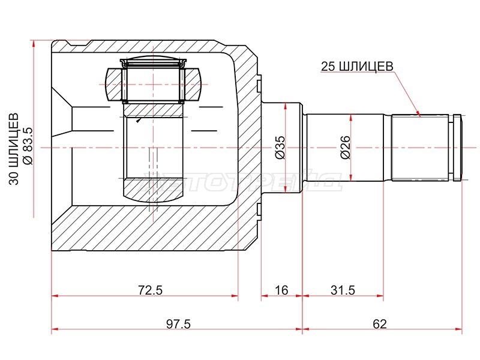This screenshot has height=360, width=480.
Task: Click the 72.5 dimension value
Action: (151, 290)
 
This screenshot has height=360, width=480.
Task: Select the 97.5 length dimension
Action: (178, 323)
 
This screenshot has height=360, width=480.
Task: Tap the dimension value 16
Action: (281, 290)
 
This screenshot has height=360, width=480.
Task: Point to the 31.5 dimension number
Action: (343, 290)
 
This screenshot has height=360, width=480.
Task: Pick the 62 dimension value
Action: (380, 323)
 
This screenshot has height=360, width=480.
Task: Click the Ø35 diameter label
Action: (280, 148)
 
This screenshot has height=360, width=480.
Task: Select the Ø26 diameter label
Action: (346, 148)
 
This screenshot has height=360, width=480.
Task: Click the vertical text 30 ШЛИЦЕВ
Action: (14, 149)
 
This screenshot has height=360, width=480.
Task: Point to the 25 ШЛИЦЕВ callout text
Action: (357, 66)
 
